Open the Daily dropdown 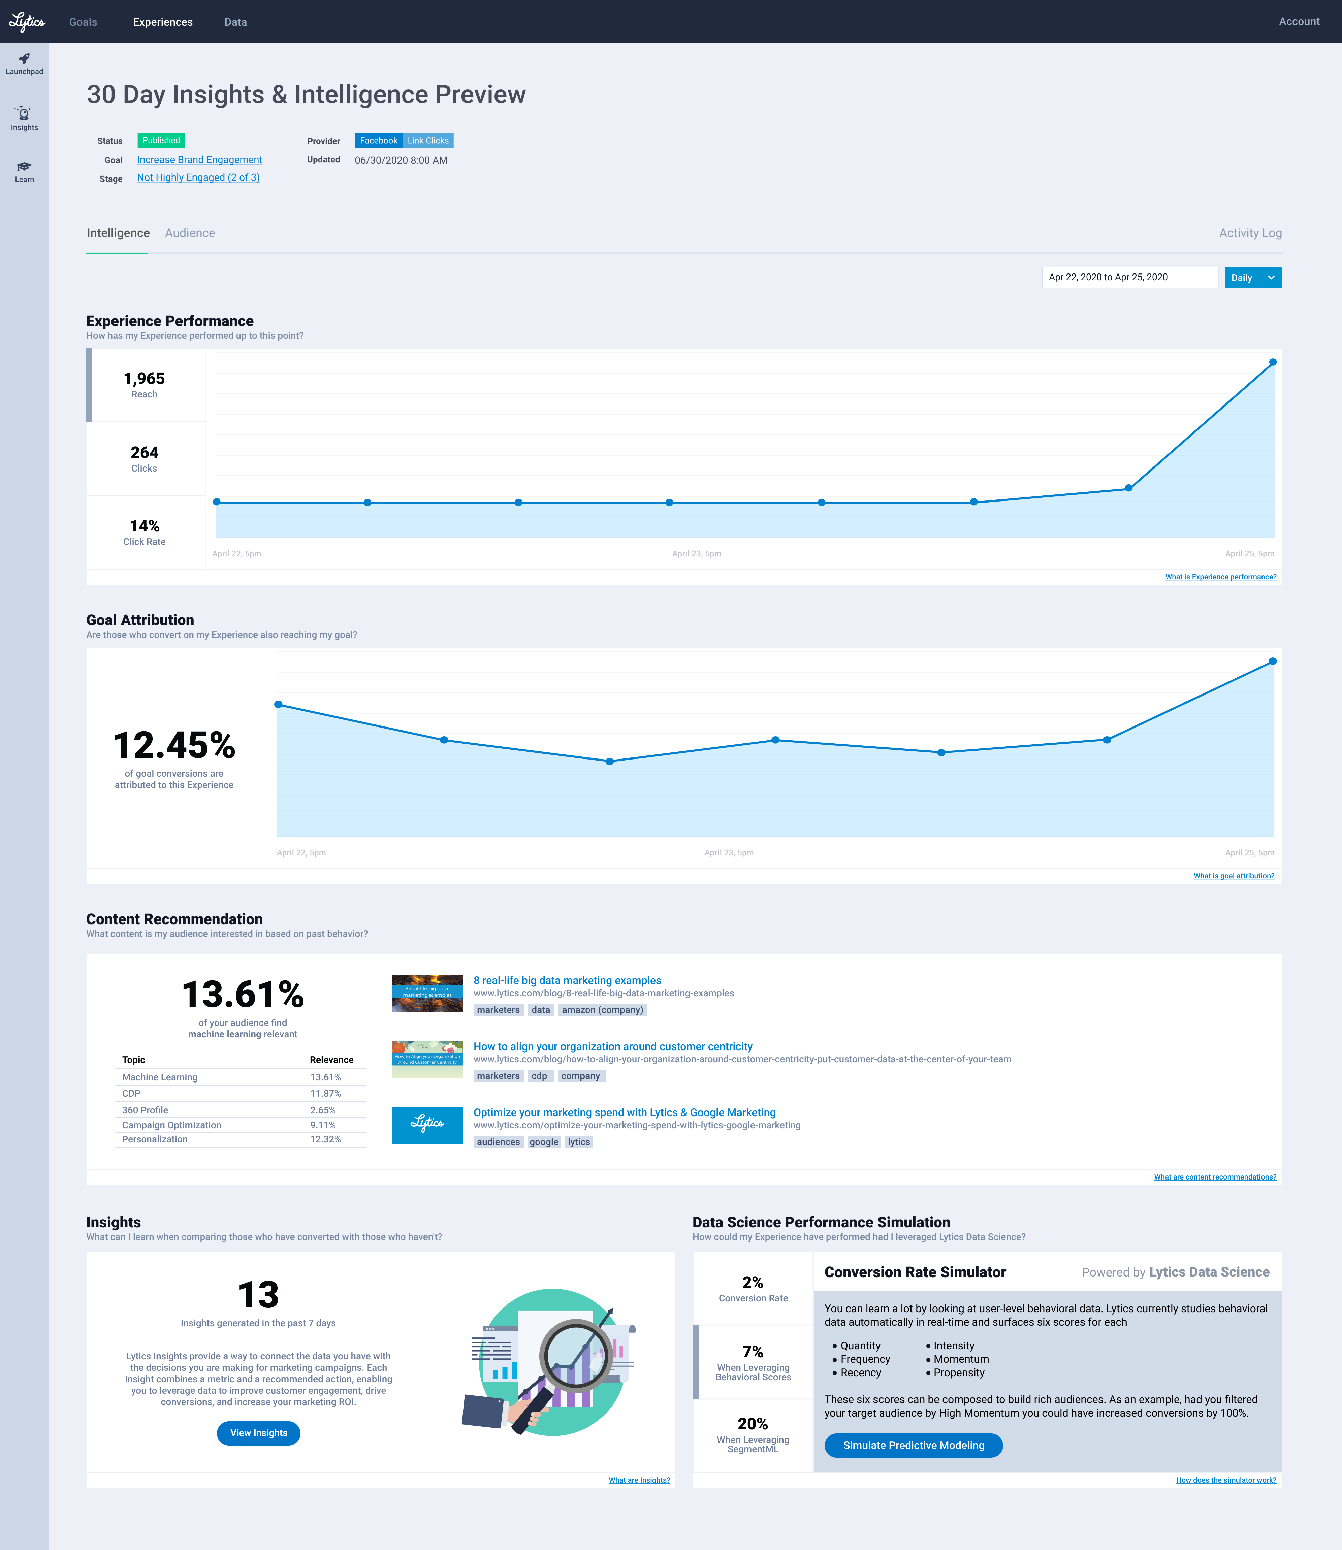tap(1252, 278)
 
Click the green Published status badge tap(161, 141)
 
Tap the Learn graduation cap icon tap(24, 167)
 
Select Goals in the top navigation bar tap(83, 22)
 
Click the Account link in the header tap(1299, 22)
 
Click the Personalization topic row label tap(155, 1139)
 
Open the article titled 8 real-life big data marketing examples tap(567, 980)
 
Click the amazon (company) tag tap(602, 1010)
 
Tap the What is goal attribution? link tap(1234, 876)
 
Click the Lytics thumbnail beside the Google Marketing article tap(427, 1125)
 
